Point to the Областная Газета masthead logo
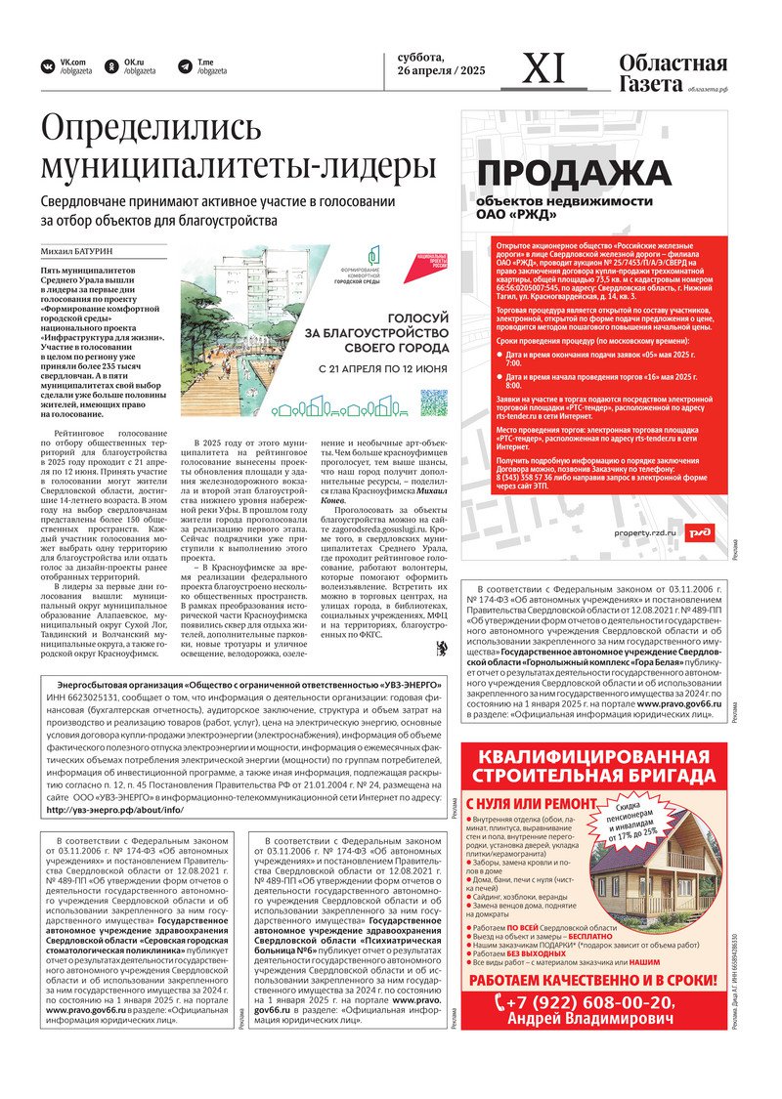click(673, 73)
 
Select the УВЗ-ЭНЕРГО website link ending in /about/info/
click(113, 810)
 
